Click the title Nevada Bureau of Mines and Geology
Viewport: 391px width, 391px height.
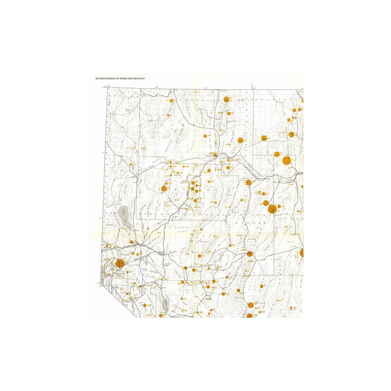point(120,78)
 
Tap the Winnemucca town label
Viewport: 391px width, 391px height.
point(210,156)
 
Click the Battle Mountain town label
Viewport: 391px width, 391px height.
point(264,179)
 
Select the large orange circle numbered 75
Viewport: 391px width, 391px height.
point(287,161)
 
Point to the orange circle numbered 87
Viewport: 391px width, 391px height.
point(226,99)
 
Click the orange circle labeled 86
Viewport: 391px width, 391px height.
point(171,101)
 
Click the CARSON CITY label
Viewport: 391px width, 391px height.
point(119,274)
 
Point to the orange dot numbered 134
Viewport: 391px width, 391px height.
point(144,305)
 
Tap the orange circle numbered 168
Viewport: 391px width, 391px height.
point(251,304)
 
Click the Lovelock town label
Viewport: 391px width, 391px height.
point(184,209)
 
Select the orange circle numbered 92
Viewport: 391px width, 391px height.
point(240,140)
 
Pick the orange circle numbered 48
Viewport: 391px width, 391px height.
point(264,138)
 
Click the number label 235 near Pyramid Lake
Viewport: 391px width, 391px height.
point(125,229)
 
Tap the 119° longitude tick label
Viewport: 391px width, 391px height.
point(156,87)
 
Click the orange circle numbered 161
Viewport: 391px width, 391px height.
point(261,286)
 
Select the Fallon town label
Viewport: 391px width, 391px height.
point(161,252)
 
